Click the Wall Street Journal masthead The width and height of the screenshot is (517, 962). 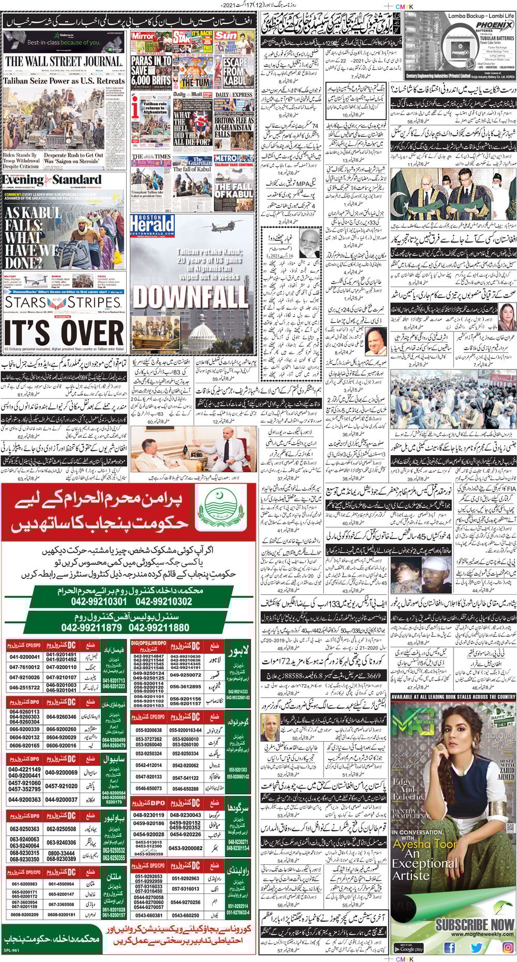pyautogui.click(x=64, y=62)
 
